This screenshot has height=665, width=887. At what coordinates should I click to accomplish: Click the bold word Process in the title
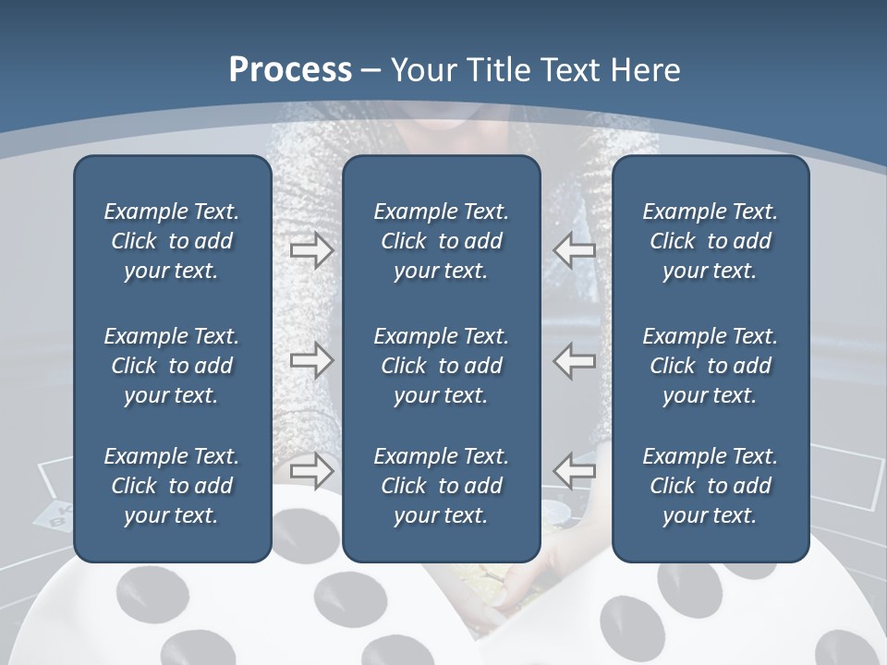coord(290,70)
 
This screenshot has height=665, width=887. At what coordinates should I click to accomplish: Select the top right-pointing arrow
coord(311,249)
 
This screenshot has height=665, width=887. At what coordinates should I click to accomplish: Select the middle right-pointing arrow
coord(311,359)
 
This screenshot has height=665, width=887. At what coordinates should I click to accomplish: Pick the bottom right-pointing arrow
coord(311,470)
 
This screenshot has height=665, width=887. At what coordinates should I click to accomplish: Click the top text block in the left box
coord(172,241)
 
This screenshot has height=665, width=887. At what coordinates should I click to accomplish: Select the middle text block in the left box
coord(172,366)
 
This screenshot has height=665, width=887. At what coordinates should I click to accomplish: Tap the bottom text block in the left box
coord(172,486)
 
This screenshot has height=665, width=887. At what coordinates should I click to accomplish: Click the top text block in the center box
coord(441,241)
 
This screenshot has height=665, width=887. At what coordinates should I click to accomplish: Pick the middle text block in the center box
coord(441,366)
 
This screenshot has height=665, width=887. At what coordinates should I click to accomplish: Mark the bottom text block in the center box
coord(441,486)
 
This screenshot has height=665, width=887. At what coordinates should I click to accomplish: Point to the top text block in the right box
coord(710,241)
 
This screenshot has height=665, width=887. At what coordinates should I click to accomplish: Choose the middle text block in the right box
coord(710,366)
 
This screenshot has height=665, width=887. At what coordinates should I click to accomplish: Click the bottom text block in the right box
coord(710,486)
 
